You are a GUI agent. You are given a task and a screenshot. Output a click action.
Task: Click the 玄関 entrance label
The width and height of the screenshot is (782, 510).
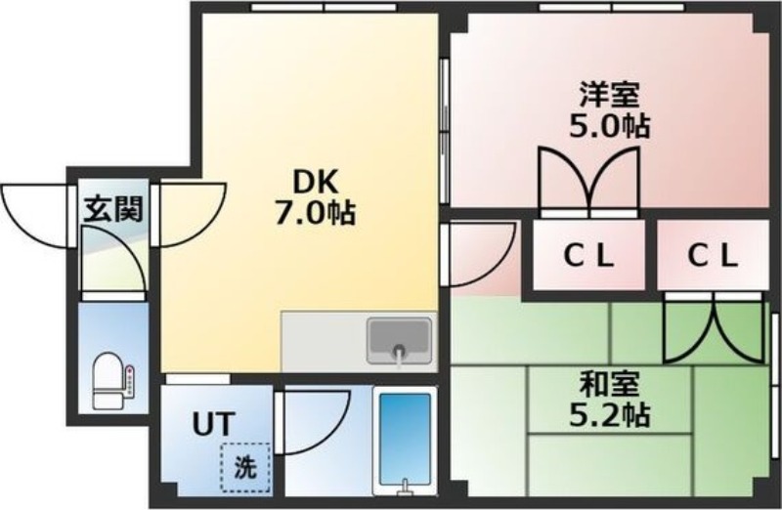[x=113, y=208]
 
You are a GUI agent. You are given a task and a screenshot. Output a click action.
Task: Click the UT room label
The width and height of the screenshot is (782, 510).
[x=212, y=425]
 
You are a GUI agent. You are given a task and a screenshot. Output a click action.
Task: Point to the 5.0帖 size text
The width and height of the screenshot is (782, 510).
[x=610, y=125]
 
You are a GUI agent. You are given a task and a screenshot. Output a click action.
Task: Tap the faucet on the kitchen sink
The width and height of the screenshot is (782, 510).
[x=399, y=354]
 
